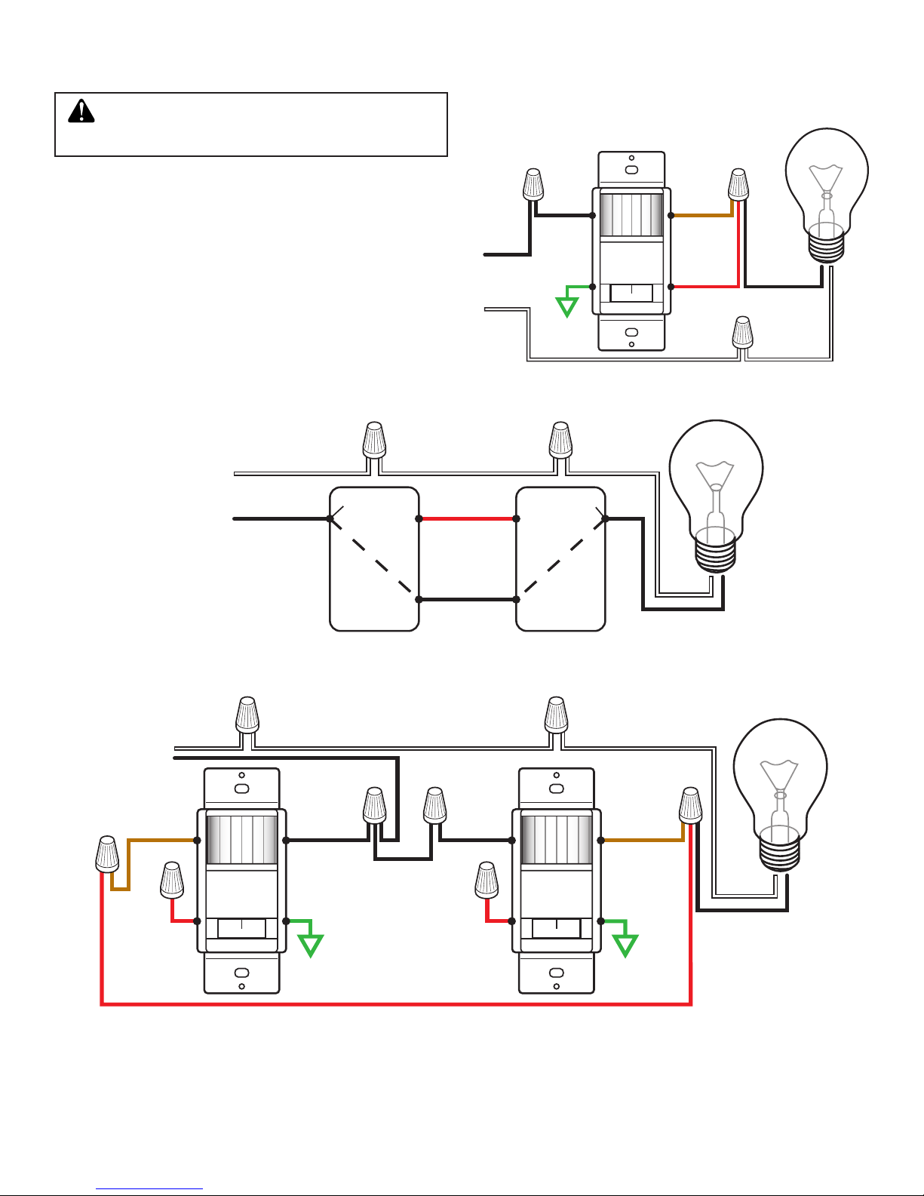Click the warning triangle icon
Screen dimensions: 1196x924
click(81, 112)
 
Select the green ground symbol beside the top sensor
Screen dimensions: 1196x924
click(567, 306)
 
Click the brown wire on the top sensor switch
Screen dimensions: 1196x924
click(701, 215)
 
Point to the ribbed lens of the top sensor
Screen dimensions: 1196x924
click(631, 214)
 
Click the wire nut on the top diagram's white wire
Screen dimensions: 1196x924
click(743, 331)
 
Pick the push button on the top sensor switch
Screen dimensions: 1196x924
click(631, 293)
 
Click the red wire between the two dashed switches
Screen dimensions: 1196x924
click(468, 519)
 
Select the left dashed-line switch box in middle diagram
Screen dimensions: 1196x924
click(374, 558)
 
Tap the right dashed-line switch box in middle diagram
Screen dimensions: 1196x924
click(560, 558)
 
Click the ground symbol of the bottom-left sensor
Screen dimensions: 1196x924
click(310, 945)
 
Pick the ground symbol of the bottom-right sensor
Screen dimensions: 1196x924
click(625, 945)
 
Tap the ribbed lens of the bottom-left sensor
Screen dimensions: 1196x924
click(241, 839)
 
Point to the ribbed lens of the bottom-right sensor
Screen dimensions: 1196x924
click(557, 839)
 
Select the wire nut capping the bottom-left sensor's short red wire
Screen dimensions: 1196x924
click(172, 880)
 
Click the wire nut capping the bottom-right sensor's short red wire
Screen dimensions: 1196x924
click(487, 880)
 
